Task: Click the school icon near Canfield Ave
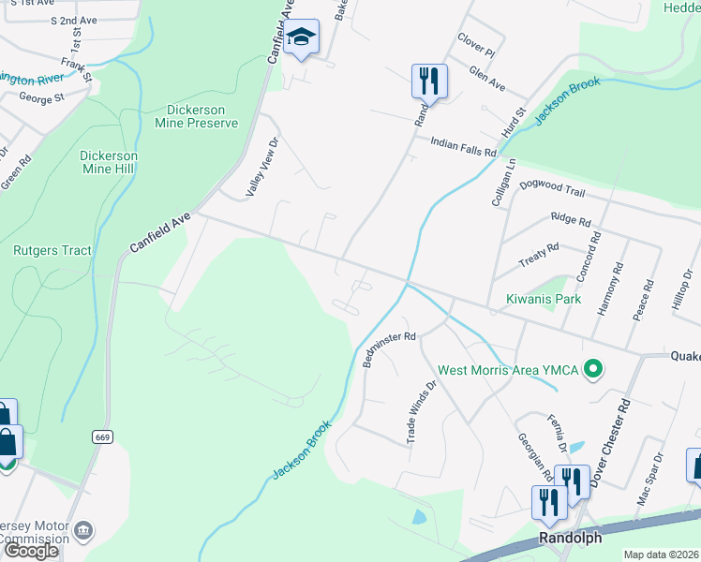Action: (x=302, y=38)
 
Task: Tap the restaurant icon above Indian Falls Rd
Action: (x=428, y=81)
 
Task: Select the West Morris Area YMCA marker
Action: (x=591, y=369)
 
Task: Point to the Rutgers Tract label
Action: (x=52, y=250)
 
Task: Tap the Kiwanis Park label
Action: (x=544, y=299)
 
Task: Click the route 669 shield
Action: (x=103, y=437)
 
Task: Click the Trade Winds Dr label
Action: (x=421, y=409)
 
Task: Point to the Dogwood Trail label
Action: (x=552, y=189)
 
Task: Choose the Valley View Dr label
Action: (x=263, y=168)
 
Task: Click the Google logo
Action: (x=31, y=551)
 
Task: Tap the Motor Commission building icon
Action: (x=83, y=531)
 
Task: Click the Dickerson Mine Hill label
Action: (x=109, y=162)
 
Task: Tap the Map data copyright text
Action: (x=662, y=555)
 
